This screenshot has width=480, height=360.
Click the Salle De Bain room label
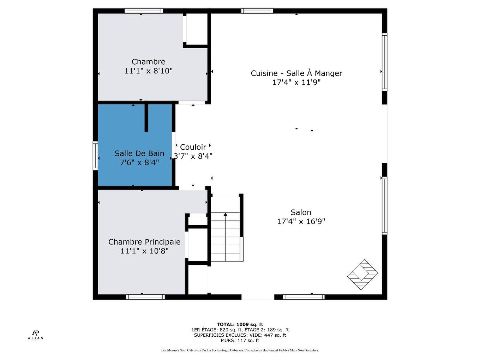tap(139, 154)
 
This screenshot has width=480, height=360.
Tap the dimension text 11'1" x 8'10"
tap(148, 71)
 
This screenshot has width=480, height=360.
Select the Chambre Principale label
tap(144, 242)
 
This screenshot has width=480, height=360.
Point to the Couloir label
tap(193, 147)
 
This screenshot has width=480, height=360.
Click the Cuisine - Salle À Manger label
tap(296, 73)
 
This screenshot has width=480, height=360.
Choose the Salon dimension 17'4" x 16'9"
tap(301, 222)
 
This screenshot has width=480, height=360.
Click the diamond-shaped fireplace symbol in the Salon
tap(362, 275)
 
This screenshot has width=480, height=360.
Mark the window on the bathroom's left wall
tap(95, 156)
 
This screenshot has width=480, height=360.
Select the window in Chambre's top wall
tap(144, 11)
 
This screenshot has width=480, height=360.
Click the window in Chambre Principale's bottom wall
tap(145, 297)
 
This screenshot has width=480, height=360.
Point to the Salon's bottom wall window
tap(304, 297)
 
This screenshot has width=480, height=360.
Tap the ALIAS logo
tap(35, 335)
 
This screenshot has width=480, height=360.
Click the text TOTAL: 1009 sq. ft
tap(240, 324)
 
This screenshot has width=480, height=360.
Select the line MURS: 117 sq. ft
tap(240, 341)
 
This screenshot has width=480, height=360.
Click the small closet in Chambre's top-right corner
tap(197, 29)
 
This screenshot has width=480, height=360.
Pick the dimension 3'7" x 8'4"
tap(193, 156)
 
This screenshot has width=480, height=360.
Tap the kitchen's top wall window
tap(257, 11)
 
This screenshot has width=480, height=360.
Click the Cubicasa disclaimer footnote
tap(240, 350)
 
